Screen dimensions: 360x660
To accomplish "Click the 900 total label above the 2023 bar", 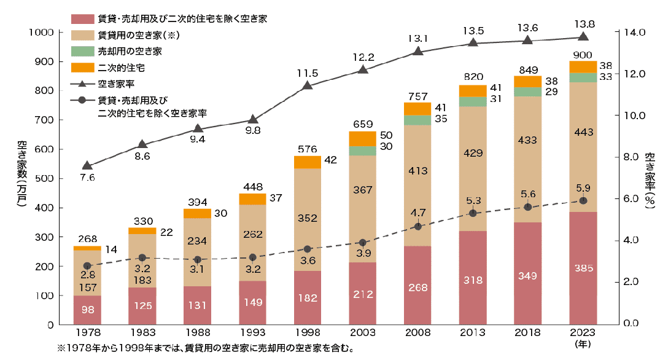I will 583,53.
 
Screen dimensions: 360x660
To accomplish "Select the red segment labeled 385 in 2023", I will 583,268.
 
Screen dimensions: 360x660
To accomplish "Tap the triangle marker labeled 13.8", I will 583,37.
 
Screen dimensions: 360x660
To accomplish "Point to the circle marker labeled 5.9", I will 583,201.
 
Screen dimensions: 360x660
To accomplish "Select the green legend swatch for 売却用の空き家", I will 80,51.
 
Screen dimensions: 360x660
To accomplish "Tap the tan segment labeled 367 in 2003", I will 362,190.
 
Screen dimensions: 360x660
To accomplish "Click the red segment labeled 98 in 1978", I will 87,310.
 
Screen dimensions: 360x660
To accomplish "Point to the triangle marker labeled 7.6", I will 87,165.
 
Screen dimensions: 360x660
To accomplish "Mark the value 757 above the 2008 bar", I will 417,96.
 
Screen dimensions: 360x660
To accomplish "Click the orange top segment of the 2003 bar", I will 362,138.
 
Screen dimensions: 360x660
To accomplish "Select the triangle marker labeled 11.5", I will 307,85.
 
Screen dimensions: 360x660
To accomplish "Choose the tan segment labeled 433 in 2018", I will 527,157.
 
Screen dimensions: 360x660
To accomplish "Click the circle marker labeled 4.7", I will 417,226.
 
